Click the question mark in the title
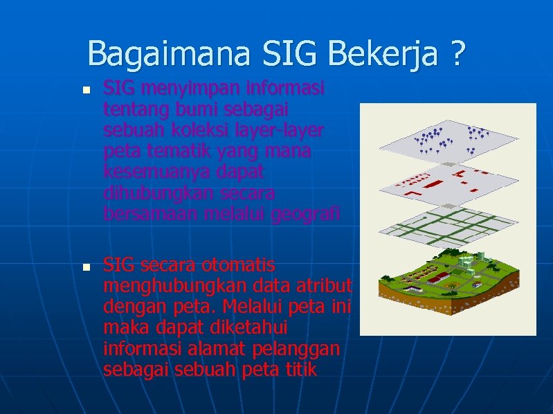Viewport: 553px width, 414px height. (457, 54)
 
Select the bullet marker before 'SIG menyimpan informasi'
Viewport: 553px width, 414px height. (85, 91)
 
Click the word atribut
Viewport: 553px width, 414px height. (325, 286)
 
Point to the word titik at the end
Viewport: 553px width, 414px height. (300, 370)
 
